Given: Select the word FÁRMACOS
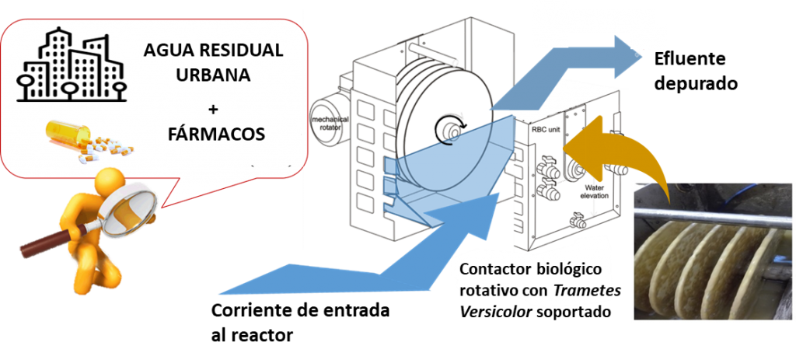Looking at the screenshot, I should tap(215, 134).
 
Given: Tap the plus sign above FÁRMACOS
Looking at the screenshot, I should tap(212, 106).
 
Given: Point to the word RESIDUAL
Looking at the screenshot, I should tap(239, 52).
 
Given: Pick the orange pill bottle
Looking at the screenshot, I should tap(62, 132).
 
